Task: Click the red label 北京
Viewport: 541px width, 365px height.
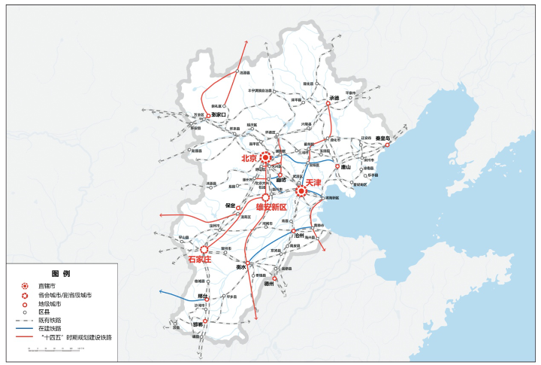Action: tap(249, 159)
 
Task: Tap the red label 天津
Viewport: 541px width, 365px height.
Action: tap(314, 183)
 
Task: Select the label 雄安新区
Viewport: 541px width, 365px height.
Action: tap(271, 206)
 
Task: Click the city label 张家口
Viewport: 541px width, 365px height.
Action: tap(220, 115)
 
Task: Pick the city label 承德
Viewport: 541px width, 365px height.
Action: tap(334, 98)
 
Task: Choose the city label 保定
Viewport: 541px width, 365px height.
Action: tap(231, 205)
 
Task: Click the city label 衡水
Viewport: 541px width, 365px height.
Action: tap(241, 266)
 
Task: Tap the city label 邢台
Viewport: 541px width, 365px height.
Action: tap(201, 297)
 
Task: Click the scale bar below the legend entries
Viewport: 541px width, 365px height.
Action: tap(45, 348)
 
